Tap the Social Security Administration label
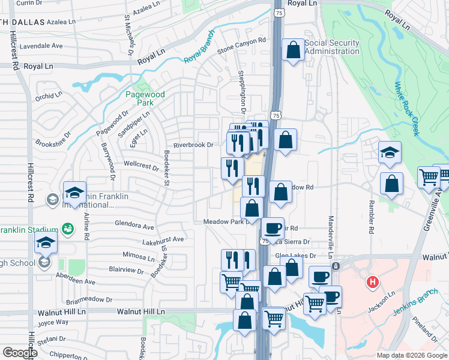[332, 47]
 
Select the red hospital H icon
[373, 282]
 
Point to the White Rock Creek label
[407, 109]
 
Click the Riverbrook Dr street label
[193, 145]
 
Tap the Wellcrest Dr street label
[140, 164]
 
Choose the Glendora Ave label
[134, 226]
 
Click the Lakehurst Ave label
[163, 239]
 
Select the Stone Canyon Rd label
[241, 45]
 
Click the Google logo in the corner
[20, 353]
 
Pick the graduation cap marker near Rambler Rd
[390, 153]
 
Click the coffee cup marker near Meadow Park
[273, 228]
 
